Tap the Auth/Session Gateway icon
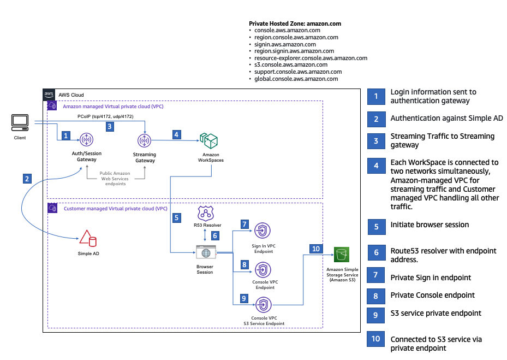(x=86, y=141)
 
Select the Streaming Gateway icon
(x=145, y=141)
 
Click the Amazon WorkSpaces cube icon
(x=210, y=141)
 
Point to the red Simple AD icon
(x=87, y=238)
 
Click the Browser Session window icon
(x=205, y=253)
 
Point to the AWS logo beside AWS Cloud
(x=50, y=95)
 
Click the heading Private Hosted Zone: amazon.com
(x=295, y=23)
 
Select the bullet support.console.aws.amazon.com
(x=298, y=72)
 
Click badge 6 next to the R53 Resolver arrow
(x=214, y=235)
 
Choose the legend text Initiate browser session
(x=429, y=225)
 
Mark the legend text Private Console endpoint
(x=432, y=295)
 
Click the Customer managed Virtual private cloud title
(x=115, y=209)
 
